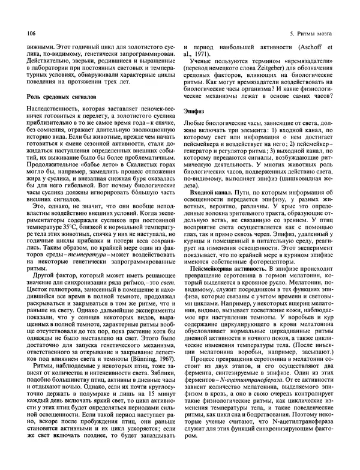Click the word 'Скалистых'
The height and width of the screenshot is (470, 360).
pos(136,162)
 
